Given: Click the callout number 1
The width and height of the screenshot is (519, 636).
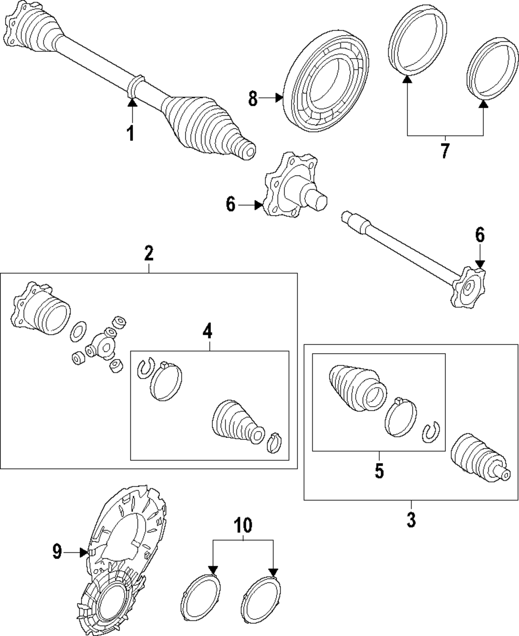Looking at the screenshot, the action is click(x=130, y=134).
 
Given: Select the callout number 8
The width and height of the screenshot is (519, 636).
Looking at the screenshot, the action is click(x=253, y=99).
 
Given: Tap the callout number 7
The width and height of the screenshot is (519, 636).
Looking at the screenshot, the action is click(x=445, y=150).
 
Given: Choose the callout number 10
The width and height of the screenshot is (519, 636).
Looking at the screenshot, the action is click(x=243, y=525).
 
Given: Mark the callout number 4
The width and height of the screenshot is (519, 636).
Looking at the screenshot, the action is click(x=207, y=331).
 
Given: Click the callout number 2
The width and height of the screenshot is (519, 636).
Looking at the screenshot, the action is click(x=149, y=253).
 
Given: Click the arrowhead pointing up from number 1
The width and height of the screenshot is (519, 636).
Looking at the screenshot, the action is click(x=132, y=103).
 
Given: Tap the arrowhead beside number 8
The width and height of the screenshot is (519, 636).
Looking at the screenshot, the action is click(x=279, y=98).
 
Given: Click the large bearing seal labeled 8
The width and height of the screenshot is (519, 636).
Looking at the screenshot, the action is click(x=326, y=81).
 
